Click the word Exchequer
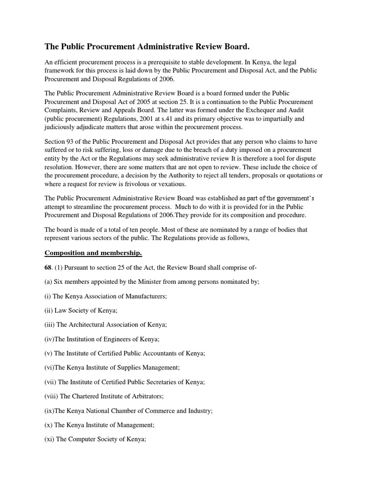pos(259,110)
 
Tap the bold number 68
pos(48,267)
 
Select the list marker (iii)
pos(50,325)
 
